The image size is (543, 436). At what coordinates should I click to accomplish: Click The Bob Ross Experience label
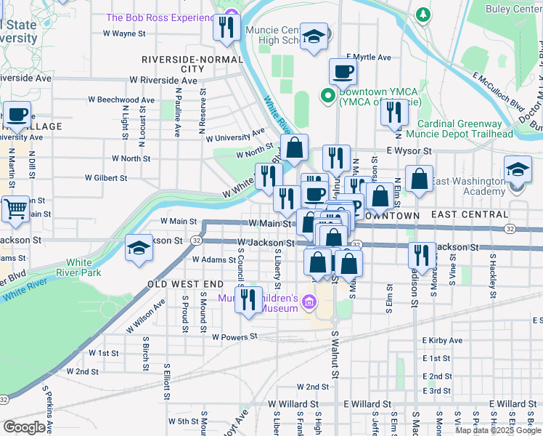click(x=160, y=17)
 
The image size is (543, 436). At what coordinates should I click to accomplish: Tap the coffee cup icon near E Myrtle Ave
click(x=343, y=71)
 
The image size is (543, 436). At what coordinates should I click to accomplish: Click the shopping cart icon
click(x=15, y=209)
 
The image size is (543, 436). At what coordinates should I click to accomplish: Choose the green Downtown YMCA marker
click(x=327, y=94)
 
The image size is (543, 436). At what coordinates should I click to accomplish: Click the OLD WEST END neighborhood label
click(x=186, y=283)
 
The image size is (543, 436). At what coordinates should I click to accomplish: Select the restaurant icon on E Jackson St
click(x=421, y=255)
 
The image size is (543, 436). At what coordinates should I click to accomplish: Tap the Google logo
click(x=24, y=427)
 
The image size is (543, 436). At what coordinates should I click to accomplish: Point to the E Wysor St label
click(x=409, y=150)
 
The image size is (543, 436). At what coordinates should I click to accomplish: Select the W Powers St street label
click(x=234, y=336)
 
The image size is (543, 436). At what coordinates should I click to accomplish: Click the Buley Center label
click(x=513, y=9)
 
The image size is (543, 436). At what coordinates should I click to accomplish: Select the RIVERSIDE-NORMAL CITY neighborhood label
click(x=192, y=63)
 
